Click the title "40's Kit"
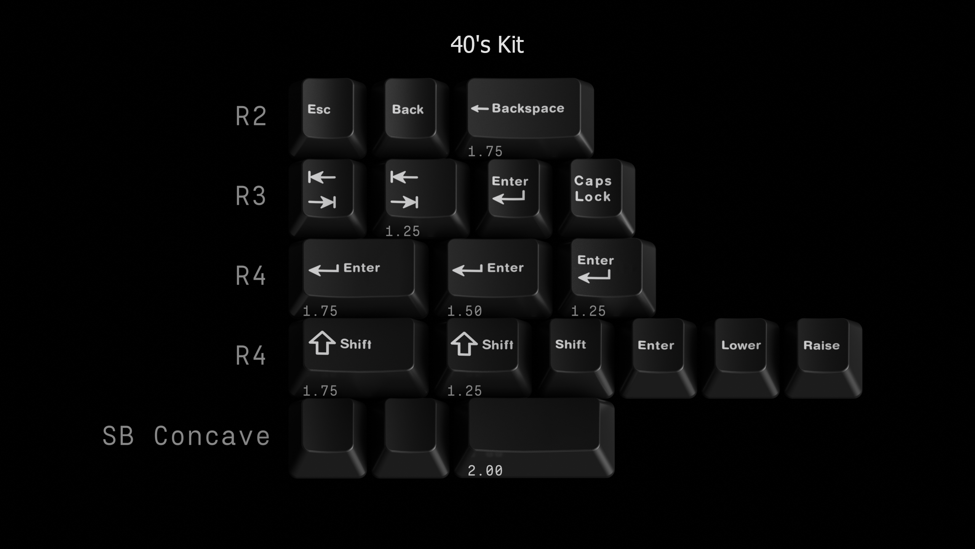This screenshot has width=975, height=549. tap(487, 45)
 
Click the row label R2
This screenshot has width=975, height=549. tap(251, 116)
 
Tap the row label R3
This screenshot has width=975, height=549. tap(251, 196)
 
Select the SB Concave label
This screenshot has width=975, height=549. tap(186, 436)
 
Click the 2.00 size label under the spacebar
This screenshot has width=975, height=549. tap(485, 470)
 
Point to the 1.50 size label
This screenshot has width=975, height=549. tap(465, 311)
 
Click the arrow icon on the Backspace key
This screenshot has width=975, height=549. tap(480, 109)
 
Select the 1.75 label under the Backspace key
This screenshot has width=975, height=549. tap(485, 151)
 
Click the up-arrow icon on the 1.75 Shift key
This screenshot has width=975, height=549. tap(322, 343)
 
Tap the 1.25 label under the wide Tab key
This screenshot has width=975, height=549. tap(403, 231)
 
